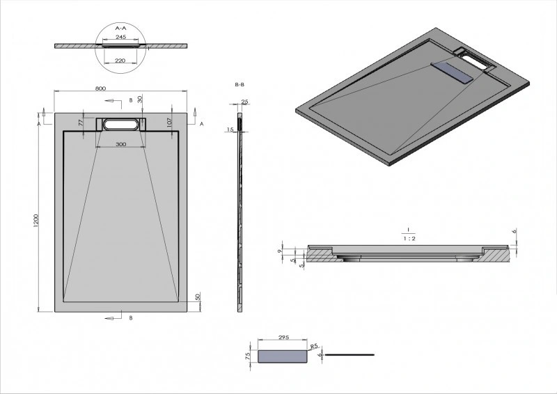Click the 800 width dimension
coord(100,88)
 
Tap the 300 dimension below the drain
coord(120,144)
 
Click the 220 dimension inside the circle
coord(120,61)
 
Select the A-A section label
coord(120,28)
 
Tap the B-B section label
coord(240,84)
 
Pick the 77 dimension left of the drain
coord(81,122)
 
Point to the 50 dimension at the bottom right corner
coord(198,297)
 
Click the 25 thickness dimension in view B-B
coord(244,102)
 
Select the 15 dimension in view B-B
coord(229,129)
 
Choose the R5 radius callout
coord(313,345)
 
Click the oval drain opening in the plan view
coord(120,125)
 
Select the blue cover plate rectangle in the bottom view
coord(283,356)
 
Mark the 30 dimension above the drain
coord(140,100)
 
